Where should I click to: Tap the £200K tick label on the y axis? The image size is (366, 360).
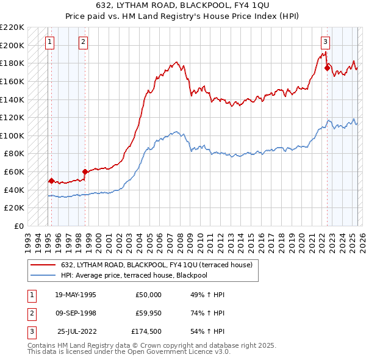[x=12, y=45]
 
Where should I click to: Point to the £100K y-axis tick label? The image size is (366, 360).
[x=12, y=135]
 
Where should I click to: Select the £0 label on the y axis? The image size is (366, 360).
[x=18, y=226]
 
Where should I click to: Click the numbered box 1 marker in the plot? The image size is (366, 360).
[x=49, y=42]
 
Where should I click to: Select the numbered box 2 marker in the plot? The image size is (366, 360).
[x=83, y=42]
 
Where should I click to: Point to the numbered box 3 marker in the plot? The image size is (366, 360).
[x=325, y=42]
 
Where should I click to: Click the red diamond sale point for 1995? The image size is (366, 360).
[x=51, y=181]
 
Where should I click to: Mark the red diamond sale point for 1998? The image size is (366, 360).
[x=85, y=172]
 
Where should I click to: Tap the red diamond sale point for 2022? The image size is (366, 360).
[x=327, y=68]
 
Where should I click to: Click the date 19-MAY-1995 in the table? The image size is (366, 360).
[x=75, y=295]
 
